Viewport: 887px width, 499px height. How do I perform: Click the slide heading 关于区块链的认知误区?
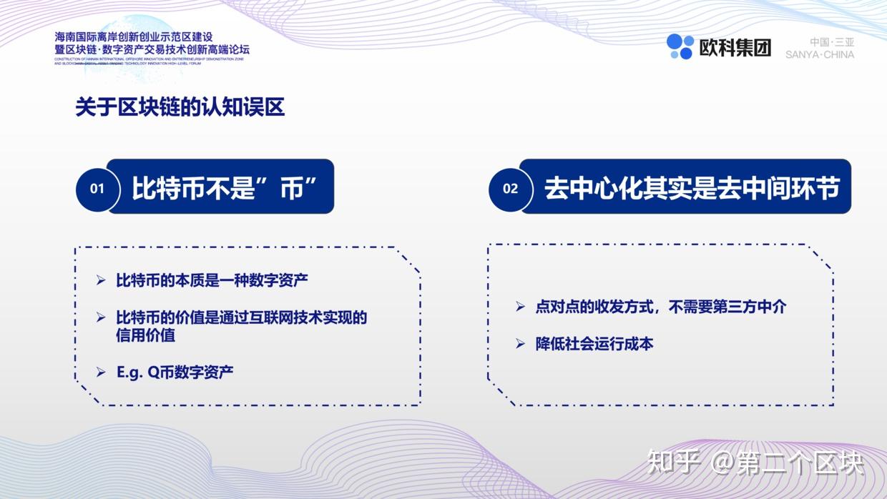(x=180, y=107)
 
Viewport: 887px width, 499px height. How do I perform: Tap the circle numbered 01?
(x=97, y=189)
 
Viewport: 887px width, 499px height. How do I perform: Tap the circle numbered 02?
(x=510, y=189)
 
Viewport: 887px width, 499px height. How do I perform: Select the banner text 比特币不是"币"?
(x=224, y=188)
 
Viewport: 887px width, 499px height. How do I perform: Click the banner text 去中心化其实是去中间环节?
(x=691, y=188)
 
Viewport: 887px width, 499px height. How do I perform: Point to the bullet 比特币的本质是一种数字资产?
(x=212, y=280)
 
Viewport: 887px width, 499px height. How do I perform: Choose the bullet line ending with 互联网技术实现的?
(x=241, y=317)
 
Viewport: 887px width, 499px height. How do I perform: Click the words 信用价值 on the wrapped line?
(x=145, y=335)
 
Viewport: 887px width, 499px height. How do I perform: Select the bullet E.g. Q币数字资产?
(x=175, y=372)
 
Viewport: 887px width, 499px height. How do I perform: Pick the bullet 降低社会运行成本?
(x=594, y=344)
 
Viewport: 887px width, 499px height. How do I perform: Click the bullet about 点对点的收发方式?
(x=660, y=307)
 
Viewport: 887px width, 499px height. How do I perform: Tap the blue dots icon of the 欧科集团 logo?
(x=680, y=46)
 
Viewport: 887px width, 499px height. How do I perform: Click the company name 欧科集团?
(x=735, y=47)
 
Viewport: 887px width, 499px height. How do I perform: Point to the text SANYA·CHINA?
(x=819, y=54)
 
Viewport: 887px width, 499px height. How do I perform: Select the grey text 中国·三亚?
(x=832, y=41)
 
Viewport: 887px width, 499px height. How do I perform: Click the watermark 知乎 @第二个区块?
(x=755, y=463)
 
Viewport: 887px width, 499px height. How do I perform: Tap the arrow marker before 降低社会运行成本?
(x=521, y=344)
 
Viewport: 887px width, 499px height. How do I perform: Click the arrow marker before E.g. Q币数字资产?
(x=101, y=372)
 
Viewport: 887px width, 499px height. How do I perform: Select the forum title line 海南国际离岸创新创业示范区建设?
(x=134, y=36)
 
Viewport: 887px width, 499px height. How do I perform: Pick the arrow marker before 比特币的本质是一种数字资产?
(x=101, y=280)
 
